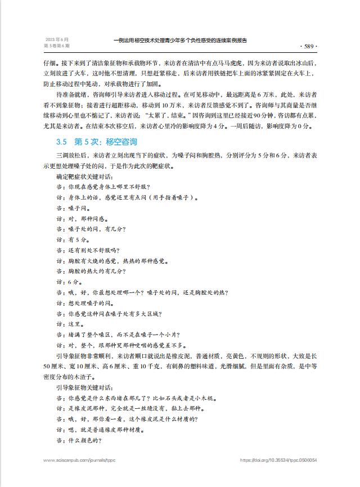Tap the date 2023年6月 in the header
pos(53,39)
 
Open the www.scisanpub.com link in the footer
pos(79,460)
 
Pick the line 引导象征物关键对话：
pos(84,387)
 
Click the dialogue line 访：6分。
pos(69,282)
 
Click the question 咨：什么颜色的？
pos(78,440)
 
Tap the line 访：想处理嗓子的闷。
pos(84,303)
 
